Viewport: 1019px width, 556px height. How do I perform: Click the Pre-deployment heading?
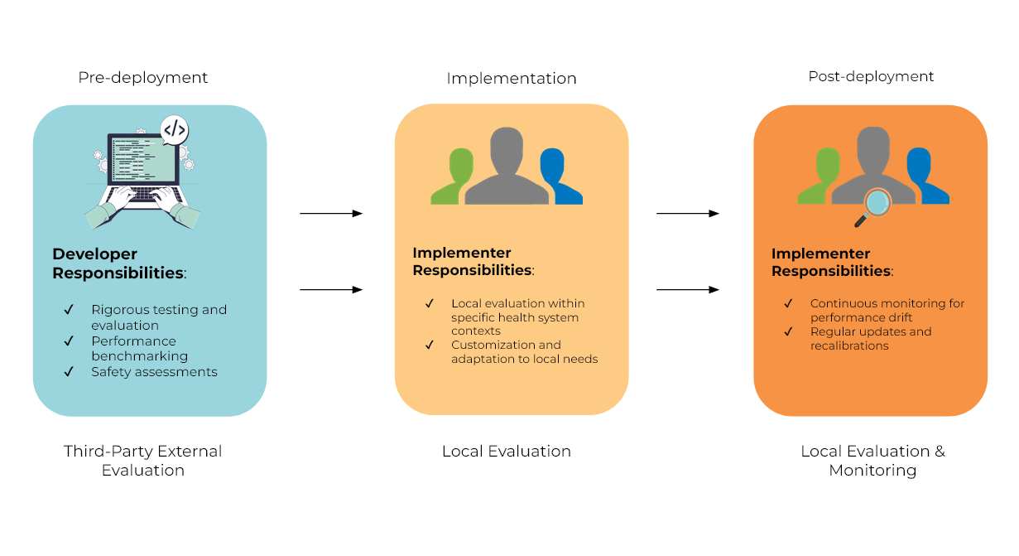coord(143,78)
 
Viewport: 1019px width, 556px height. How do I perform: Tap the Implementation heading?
coord(511,79)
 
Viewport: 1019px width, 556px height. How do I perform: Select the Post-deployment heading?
coord(871,77)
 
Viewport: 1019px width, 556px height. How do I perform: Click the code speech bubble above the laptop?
coord(175,130)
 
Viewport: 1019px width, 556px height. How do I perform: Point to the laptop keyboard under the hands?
coord(143,195)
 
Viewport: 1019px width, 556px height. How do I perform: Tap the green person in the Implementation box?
coord(452,176)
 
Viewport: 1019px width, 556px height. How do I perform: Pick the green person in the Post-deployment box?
coord(819,176)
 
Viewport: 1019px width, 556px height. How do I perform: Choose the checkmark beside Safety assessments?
coord(69,372)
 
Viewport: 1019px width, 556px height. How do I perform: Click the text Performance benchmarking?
coord(139,348)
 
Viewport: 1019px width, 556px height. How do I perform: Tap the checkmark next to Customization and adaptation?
coord(430,345)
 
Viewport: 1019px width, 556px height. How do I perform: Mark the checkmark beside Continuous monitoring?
coord(788,303)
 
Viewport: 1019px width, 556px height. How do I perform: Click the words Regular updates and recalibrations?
coord(870,338)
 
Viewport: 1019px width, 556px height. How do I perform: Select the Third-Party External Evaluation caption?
coord(143,461)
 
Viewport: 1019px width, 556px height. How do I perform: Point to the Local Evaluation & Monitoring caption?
coord(872,461)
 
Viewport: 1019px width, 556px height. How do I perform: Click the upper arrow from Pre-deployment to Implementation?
coord(331,214)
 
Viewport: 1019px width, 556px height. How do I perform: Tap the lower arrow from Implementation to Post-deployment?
coord(687,290)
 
